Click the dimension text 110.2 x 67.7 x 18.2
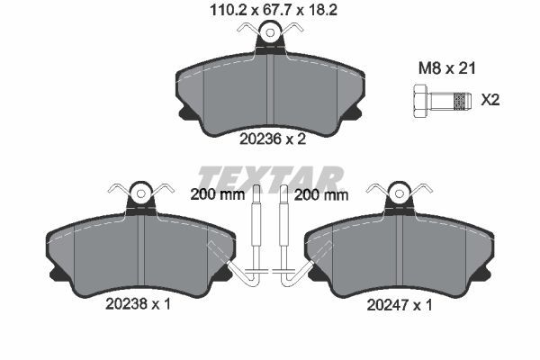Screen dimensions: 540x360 (x=274, y=10)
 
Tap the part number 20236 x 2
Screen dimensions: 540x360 (x=273, y=139)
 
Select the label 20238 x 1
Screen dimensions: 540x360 (x=138, y=304)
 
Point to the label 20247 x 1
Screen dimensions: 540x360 (x=399, y=305)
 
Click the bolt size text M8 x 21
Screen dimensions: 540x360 (x=446, y=68)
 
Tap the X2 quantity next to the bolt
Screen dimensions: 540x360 (x=490, y=100)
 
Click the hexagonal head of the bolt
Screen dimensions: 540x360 (x=420, y=102)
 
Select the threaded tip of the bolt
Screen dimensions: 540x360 (x=462, y=102)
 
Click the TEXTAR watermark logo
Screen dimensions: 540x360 (x=271, y=179)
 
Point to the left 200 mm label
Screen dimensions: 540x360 (x=217, y=195)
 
